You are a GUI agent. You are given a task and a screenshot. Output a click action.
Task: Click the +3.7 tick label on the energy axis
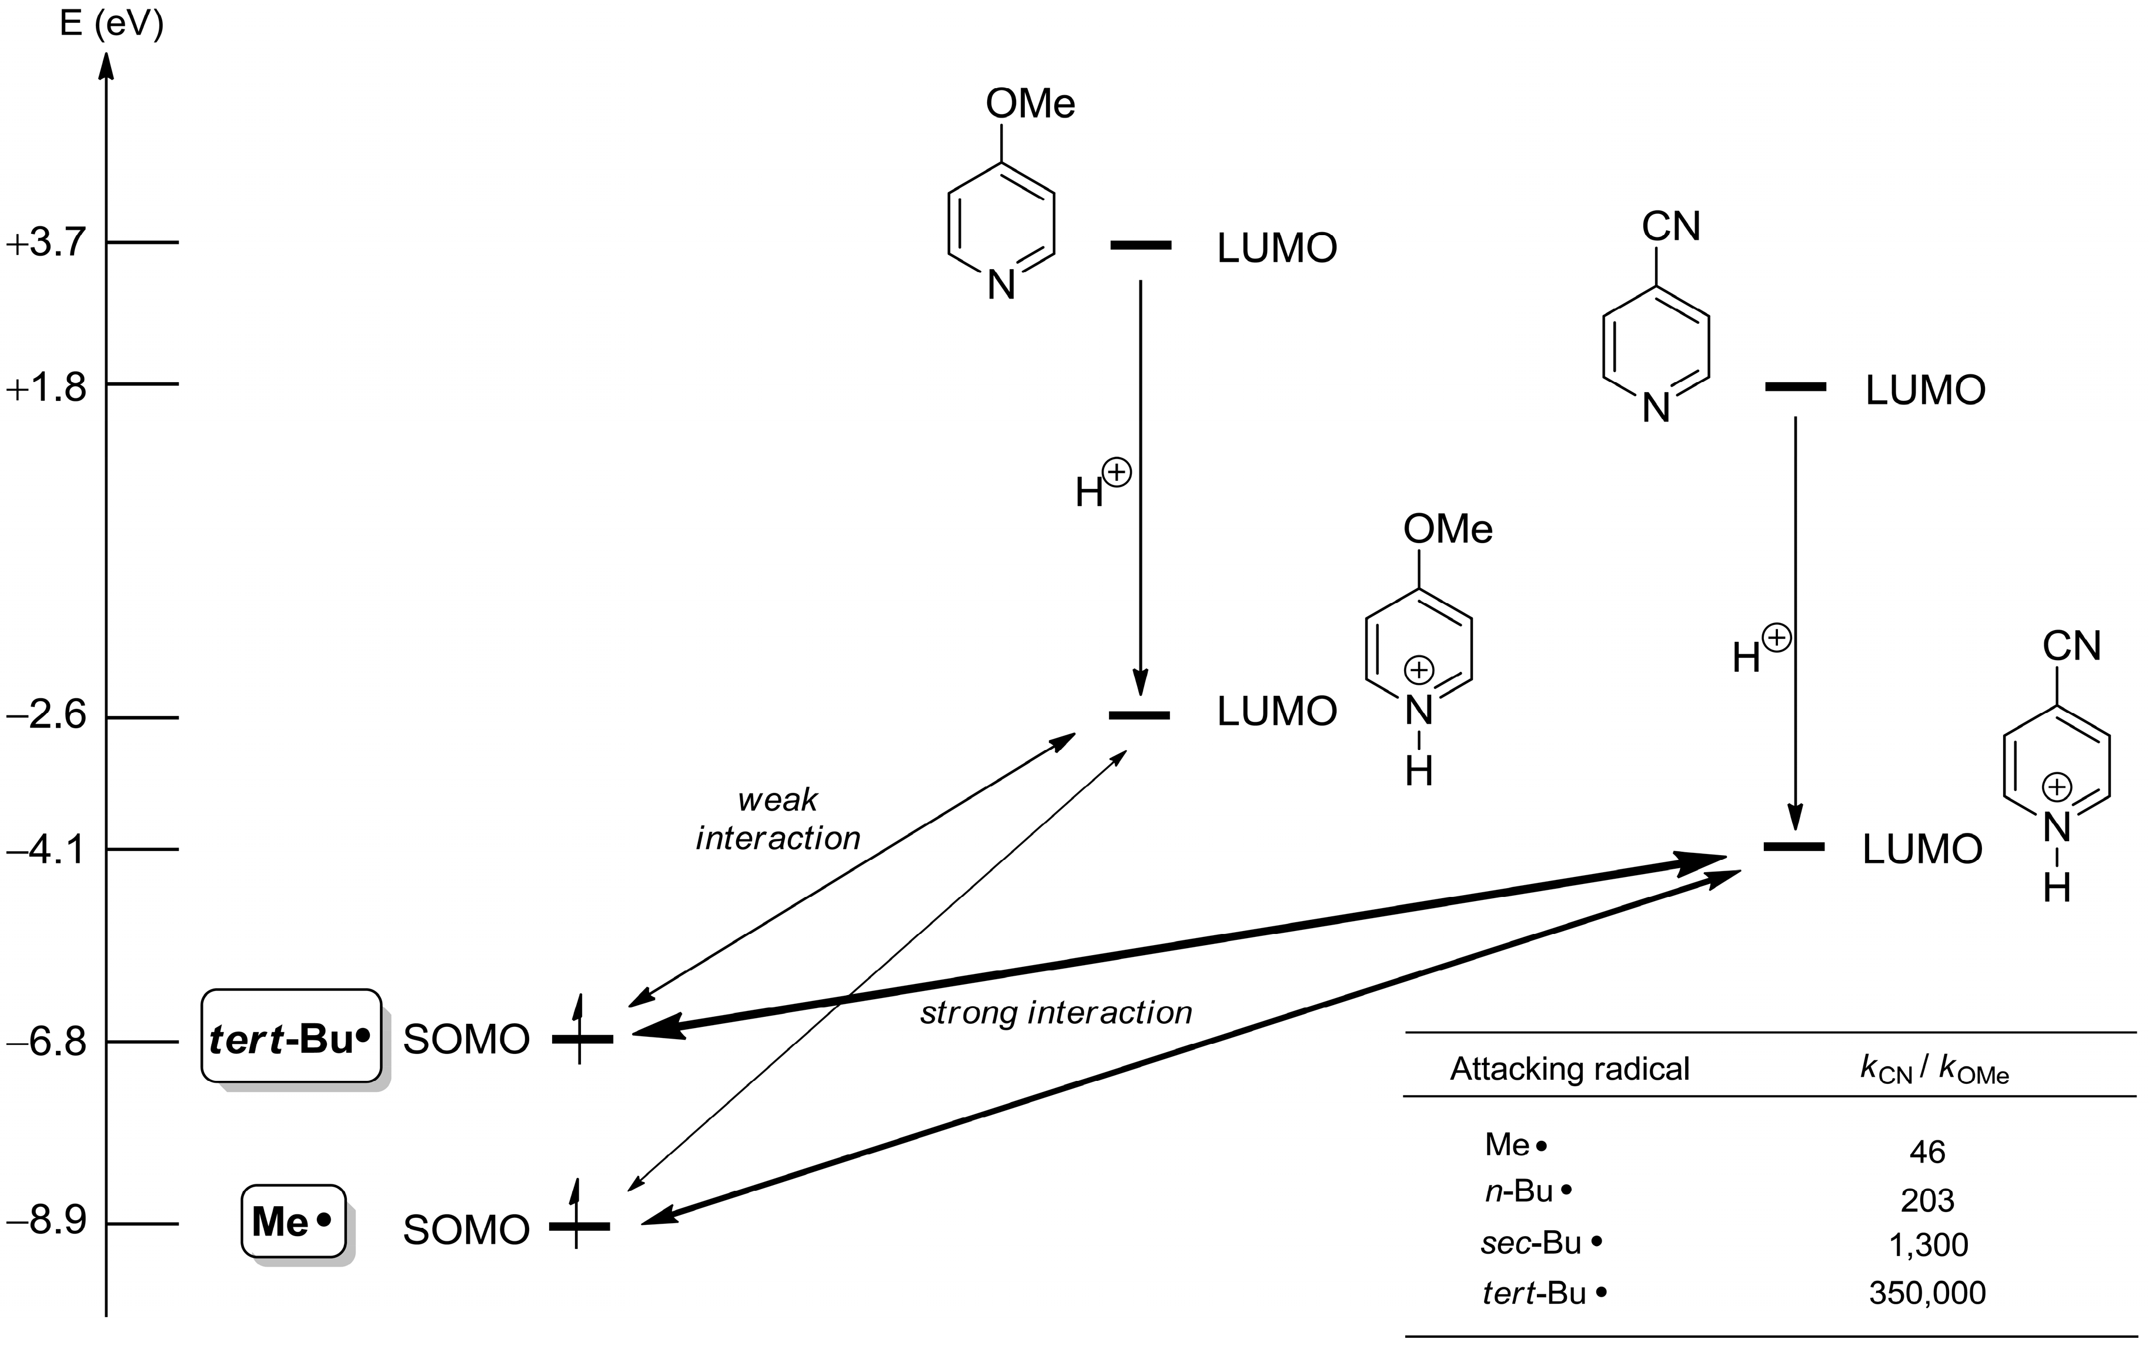(x=46, y=243)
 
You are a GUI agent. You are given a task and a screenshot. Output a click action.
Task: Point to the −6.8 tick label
(x=46, y=1041)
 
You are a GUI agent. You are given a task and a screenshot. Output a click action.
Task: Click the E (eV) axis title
(x=111, y=24)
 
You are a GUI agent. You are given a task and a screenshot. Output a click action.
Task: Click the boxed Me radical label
(x=293, y=1221)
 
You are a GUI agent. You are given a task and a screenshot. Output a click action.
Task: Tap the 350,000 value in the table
(x=1927, y=1293)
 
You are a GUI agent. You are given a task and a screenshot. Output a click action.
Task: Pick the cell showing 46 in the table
(x=1927, y=1153)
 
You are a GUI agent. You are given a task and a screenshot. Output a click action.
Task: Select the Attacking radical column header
(x=1569, y=1068)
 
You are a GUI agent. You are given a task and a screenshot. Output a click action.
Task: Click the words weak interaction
(x=778, y=819)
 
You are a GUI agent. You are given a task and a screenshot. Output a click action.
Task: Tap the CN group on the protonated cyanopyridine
(x=2071, y=647)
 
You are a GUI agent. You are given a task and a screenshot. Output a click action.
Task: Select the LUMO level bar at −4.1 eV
(x=1794, y=846)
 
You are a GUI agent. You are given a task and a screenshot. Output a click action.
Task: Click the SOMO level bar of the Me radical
(x=580, y=1227)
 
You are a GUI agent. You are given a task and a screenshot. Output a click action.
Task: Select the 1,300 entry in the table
(x=1927, y=1244)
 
